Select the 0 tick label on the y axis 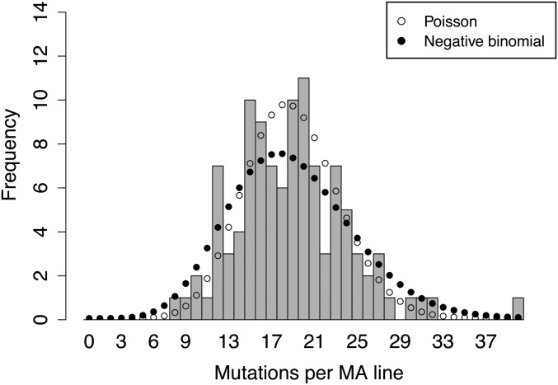[60, 319]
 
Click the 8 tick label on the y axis [60, 144]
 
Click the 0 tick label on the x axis [88, 340]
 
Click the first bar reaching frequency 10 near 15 [250, 209]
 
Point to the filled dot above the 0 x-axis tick [89, 317]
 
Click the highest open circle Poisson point [282, 105]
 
